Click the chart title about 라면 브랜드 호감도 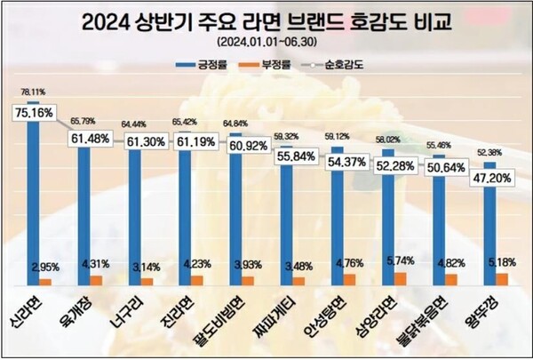[x=266, y=20]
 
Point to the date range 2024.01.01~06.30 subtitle [x=266, y=42]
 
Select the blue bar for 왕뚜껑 [x=489, y=222]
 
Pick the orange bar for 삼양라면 [x=401, y=279]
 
